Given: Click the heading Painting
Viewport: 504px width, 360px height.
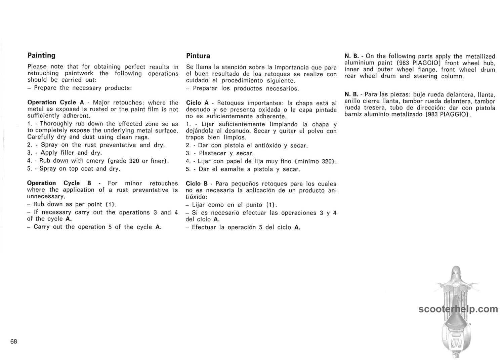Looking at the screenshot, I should tap(41, 55).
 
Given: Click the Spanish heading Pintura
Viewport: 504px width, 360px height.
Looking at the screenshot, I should tap(198, 56).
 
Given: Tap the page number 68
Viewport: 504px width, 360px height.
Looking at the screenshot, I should tap(13, 342).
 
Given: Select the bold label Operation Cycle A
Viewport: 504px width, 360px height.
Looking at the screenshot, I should tap(56, 103).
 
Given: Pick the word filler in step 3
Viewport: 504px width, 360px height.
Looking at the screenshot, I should tap(67, 153).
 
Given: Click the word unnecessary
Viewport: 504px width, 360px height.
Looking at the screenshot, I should tap(46, 196).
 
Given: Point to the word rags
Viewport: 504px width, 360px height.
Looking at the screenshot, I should tap(142, 137).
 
